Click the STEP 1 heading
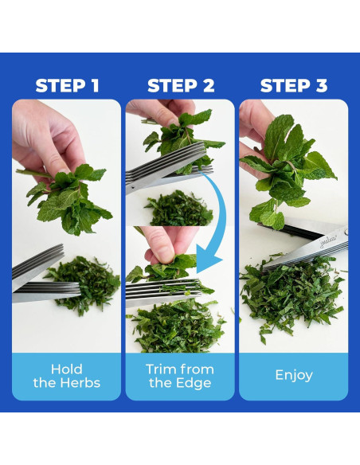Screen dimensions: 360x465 pyautogui.click(x=67, y=86)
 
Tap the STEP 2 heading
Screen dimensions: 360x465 pyautogui.click(x=181, y=86)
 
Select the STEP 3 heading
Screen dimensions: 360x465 pyautogui.click(x=294, y=86)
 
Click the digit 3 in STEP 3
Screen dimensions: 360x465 pyautogui.click(x=321, y=86)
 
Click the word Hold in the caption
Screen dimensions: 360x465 pyautogui.click(x=66, y=369)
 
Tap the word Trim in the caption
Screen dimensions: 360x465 pyautogui.click(x=159, y=369)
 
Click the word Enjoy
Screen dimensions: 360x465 pyautogui.click(x=294, y=376)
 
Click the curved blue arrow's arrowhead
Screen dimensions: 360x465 pyautogui.click(x=209, y=261)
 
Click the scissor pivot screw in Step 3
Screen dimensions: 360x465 pyautogui.click(x=346, y=231)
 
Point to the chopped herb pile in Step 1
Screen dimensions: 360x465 pyautogui.click(x=84, y=285)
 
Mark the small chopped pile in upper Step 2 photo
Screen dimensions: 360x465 pyautogui.click(x=179, y=209)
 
